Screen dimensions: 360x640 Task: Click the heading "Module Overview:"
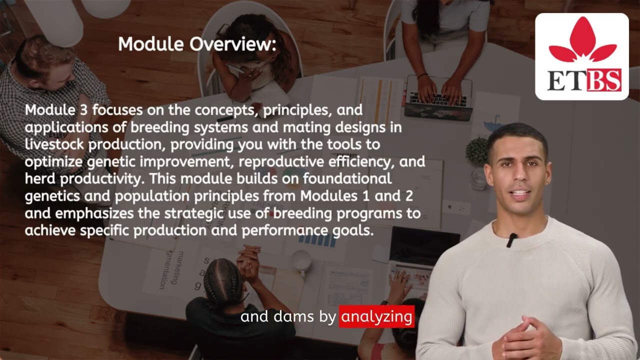[197, 44]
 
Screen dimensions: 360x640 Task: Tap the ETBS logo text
[584, 80]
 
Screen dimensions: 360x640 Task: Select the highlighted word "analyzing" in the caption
[376, 316]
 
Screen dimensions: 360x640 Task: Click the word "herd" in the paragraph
[39, 178]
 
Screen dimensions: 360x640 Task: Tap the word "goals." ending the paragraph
[356, 230]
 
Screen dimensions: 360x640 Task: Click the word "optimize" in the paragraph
[53, 162]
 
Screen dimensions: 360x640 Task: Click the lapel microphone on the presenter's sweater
[511, 240]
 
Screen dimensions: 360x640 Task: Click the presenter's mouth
[519, 193]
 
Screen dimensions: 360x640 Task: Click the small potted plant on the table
[477, 150]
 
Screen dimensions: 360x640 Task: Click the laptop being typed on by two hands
[438, 97]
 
